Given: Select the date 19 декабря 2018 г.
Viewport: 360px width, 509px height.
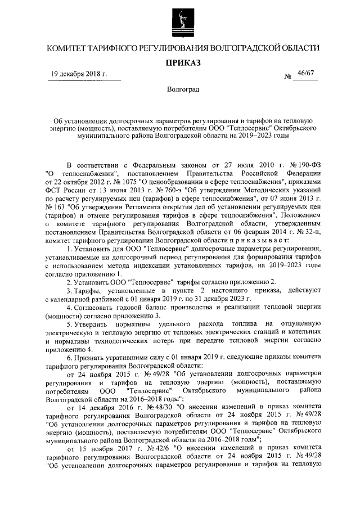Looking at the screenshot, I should (x=79, y=74).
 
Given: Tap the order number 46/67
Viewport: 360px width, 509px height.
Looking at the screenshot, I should (x=307, y=74).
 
